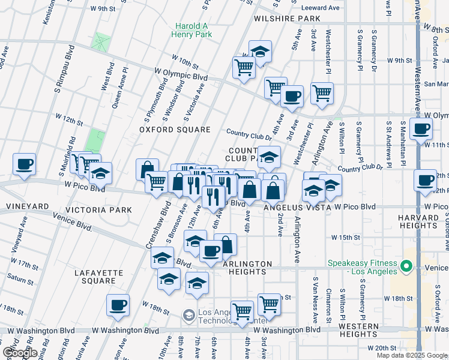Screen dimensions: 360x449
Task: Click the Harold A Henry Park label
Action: pos(194,31)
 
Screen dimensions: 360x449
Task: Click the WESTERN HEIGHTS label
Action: pos(358,330)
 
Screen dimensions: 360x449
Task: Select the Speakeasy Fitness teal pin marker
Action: pos(406,265)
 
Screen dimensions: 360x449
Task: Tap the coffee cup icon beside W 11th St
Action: pos(423,128)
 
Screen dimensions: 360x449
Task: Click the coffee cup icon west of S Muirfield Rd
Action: pos(24,163)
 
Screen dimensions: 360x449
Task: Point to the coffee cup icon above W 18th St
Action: pos(118,304)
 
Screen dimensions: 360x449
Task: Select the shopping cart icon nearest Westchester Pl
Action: pos(322,93)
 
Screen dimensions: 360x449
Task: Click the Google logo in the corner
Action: pos(19,353)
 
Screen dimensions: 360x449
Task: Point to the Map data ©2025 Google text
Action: pos(412,355)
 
